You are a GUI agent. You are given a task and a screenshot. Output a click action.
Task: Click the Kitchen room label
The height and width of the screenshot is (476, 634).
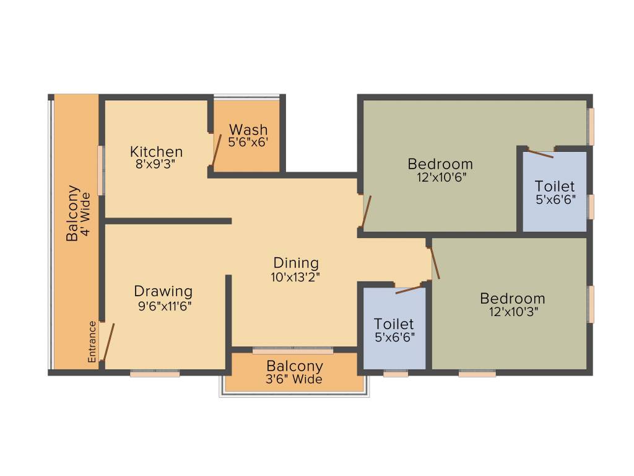pyautogui.click(x=156, y=151)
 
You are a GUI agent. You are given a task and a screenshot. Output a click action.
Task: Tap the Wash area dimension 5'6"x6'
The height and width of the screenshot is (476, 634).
pyautogui.click(x=248, y=141)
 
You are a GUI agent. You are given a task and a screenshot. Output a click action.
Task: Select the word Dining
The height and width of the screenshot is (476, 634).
pyautogui.click(x=296, y=263)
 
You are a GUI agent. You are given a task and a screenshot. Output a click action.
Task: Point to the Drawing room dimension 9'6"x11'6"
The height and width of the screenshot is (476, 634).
pyautogui.click(x=163, y=305)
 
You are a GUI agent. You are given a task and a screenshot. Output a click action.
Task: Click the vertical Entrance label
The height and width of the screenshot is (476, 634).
pyautogui.click(x=92, y=342)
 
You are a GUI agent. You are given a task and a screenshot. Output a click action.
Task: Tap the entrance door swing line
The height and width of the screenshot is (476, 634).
pyautogui.click(x=108, y=342)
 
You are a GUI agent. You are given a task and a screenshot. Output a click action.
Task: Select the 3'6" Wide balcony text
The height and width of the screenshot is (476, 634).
pyautogui.click(x=295, y=379)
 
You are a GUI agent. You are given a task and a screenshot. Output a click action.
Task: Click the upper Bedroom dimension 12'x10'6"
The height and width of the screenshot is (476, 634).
pyautogui.click(x=440, y=177)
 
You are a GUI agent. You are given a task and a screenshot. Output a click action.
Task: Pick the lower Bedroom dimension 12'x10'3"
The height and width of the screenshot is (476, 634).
pyautogui.click(x=513, y=312)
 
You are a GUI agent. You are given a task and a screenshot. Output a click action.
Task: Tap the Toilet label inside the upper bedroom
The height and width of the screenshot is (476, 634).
pyautogui.click(x=555, y=186)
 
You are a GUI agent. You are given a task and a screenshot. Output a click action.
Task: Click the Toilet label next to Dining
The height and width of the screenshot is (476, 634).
pyautogui.click(x=394, y=324)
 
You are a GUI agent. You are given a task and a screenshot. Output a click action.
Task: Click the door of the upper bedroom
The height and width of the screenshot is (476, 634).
pyautogui.click(x=367, y=212)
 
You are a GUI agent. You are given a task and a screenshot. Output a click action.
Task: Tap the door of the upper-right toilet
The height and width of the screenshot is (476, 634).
pyautogui.click(x=541, y=153)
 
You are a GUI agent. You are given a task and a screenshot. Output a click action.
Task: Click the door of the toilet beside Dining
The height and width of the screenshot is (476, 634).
pyautogui.click(x=409, y=288)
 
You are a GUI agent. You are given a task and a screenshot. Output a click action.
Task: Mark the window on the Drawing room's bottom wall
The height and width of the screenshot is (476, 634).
pyautogui.click(x=155, y=374)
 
